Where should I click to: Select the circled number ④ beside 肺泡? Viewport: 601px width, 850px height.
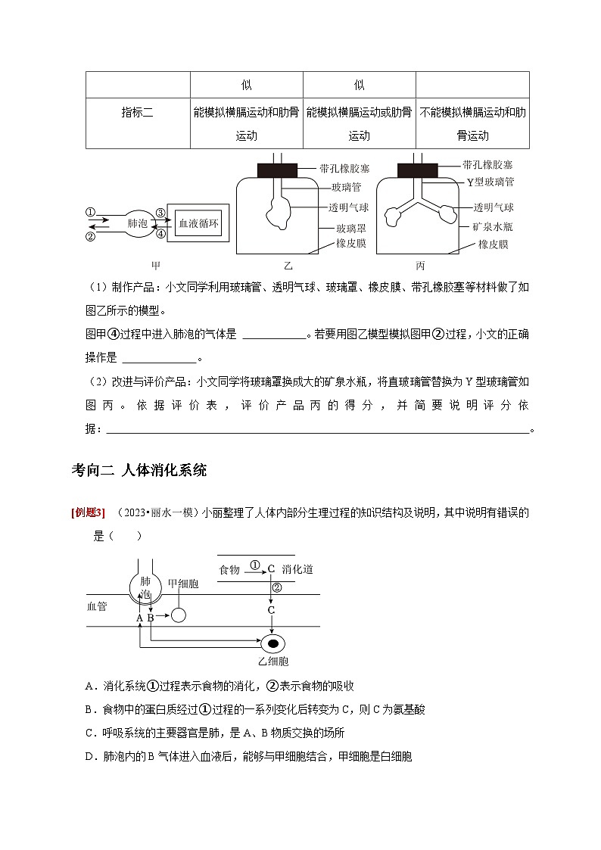(x=160, y=235)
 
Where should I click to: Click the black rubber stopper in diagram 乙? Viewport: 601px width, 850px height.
(x=278, y=170)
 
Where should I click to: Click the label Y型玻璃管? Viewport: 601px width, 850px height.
(x=490, y=182)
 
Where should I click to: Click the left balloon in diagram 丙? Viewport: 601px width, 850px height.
(x=395, y=216)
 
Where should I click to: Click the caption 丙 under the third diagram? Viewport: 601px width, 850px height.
(x=421, y=265)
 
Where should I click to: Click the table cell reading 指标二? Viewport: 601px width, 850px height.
(x=137, y=113)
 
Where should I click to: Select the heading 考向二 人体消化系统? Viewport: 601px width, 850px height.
(x=139, y=470)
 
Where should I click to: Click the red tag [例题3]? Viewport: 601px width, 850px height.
(x=88, y=513)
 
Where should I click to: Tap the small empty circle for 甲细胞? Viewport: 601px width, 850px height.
(x=178, y=615)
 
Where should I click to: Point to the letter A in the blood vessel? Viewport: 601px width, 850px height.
(x=139, y=618)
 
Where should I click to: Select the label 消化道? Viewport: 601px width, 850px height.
(x=297, y=569)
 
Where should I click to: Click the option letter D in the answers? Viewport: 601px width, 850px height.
(x=90, y=756)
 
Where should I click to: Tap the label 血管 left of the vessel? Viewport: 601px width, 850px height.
(x=98, y=606)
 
